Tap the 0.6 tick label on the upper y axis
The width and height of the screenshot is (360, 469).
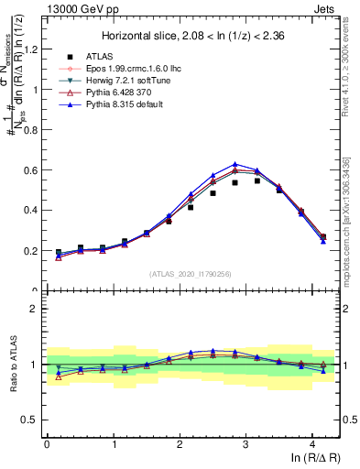(x=30, y=170)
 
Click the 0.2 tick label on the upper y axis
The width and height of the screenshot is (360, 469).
(x=30, y=250)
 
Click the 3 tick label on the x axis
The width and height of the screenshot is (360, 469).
(x=246, y=444)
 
